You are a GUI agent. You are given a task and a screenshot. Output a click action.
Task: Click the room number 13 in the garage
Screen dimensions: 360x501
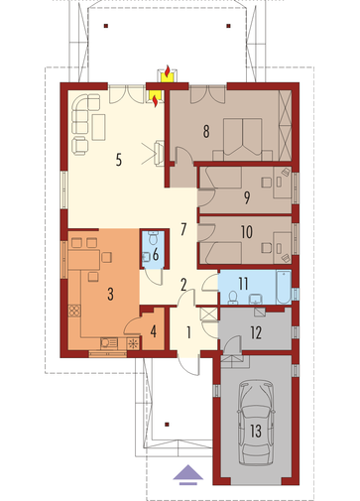coord(256,431)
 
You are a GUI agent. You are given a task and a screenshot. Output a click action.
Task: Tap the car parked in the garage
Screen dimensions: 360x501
coord(256,423)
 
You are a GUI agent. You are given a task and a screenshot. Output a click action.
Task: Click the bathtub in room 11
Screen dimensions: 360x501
coord(284,287)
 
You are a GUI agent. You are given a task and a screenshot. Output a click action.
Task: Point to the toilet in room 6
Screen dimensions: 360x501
coord(154,238)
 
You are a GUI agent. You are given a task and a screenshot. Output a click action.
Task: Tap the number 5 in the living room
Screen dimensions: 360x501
coord(119,160)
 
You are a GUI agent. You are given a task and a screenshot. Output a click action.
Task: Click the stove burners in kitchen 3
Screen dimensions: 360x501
coord(74,311)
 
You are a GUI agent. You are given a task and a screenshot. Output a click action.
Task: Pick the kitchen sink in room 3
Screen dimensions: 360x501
coord(109,343)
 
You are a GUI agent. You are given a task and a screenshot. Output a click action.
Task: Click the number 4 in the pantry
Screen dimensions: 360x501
coord(154,331)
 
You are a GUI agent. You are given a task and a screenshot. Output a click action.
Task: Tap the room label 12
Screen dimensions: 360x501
coord(256,332)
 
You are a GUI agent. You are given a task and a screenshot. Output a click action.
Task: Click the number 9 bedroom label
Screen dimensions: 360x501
coord(247,197)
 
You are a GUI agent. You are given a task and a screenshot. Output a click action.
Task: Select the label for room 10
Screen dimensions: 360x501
coord(247,232)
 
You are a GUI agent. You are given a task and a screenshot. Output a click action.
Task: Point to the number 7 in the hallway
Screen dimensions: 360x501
coord(183,229)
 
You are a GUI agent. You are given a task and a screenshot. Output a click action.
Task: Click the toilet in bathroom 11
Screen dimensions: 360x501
coord(233,297)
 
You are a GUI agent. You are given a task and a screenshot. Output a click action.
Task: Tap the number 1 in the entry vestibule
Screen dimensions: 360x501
coord(188,332)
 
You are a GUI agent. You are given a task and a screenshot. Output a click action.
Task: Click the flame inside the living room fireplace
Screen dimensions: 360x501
coord(155,100)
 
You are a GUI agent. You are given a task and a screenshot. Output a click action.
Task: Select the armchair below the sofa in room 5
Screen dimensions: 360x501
coord(80,145)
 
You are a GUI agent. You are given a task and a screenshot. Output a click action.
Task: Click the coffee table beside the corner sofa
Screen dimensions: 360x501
coord(99,127)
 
